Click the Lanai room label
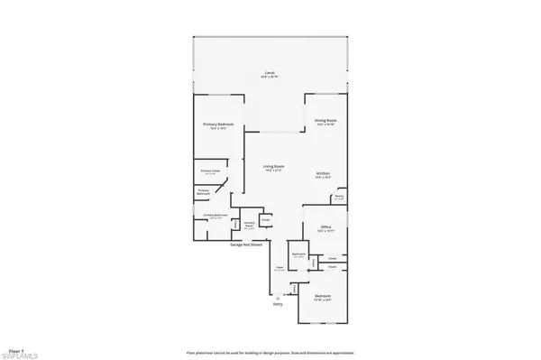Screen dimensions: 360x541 (x=269, y=72)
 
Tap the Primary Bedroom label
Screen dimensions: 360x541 (x=213, y=125)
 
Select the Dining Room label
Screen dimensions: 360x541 (x=326, y=120)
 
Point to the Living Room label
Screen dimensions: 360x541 (x=274, y=166)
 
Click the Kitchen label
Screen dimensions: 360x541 (x=323, y=173)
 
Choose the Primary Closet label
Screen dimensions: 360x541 (x=211, y=171)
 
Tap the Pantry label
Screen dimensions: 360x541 (x=339, y=196)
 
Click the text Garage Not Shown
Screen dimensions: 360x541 (x=270, y=244)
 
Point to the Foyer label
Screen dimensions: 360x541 (x=280, y=267)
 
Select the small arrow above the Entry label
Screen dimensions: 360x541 (x=279, y=296)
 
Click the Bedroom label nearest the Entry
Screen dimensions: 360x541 (x=322, y=296)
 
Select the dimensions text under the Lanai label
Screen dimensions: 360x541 (x=269, y=78)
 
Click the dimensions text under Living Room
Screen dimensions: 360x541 (x=274, y=171)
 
